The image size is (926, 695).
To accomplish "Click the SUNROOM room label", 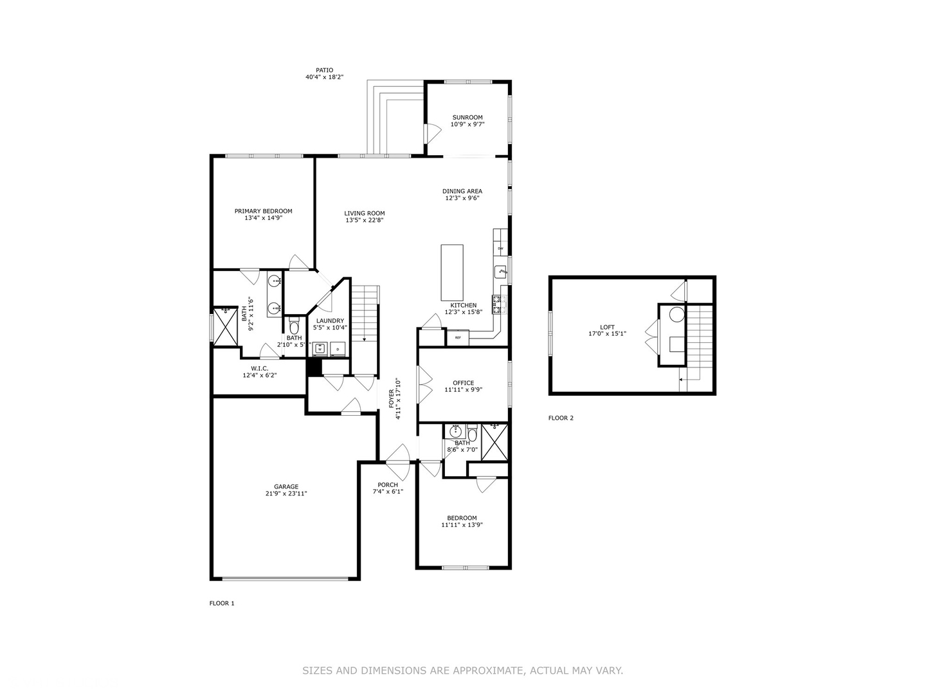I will coord(467,118).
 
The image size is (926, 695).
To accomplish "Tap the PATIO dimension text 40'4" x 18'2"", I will coord(324,77).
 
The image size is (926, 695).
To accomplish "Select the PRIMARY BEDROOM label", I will coord(263,211).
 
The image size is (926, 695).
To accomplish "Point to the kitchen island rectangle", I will coord(452,272).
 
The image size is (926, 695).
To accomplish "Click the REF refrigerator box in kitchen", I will coord(458,337).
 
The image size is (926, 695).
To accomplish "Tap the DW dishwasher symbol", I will coord(500,248).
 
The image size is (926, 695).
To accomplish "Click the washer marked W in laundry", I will coord(320,348).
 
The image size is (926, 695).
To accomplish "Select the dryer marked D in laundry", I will coord(337,348).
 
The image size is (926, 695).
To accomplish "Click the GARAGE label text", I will coord(286,486).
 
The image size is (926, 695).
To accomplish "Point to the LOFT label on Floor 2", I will coord(607,327).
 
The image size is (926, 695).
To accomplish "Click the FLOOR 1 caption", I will coord(222,603).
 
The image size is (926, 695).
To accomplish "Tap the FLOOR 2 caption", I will coord(561,418).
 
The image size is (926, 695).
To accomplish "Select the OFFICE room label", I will coord(463,383).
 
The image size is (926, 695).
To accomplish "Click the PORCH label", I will coord(388,485).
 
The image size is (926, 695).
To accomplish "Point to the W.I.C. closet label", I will coord(259,368).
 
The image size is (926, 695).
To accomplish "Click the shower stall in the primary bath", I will coord(226,326).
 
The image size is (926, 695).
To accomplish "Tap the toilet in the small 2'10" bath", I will coord(294,328).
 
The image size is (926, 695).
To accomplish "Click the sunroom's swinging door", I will coord(431,133).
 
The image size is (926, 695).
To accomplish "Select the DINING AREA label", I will coord(462,191).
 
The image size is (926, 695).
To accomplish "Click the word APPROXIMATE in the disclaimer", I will coord(489,671).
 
